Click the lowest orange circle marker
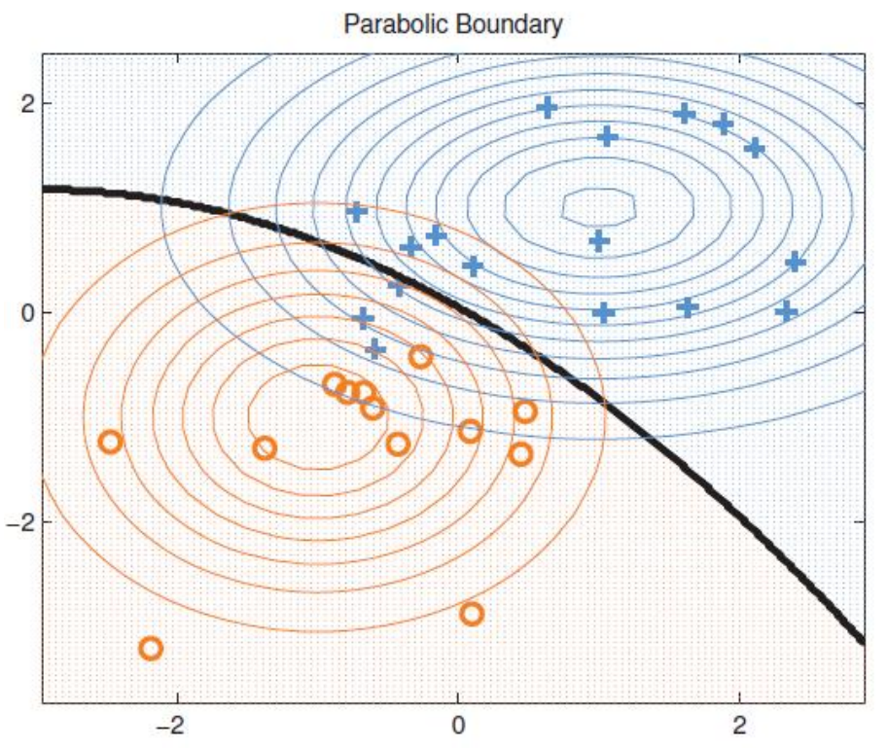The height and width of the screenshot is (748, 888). [151, 648]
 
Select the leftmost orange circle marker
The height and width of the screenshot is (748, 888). [110, 442]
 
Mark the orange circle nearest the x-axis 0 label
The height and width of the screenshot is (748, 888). [472, 614]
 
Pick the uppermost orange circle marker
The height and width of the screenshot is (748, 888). [420, 357]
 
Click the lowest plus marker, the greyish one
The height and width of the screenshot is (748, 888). [375, 349]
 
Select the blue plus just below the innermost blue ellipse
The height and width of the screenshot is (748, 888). [599, 240]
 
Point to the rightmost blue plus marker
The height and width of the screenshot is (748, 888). [796, 262]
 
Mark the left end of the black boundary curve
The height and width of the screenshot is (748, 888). [47, 190]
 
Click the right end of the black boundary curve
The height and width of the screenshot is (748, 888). [862, 640]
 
